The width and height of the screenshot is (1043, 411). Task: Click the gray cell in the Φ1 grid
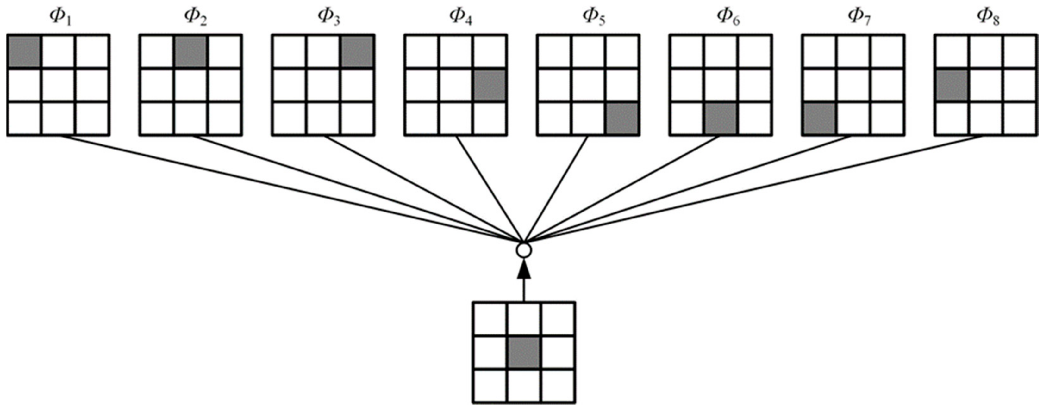click(x=24, y=51)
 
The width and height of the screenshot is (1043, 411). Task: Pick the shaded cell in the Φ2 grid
click(x=191, y=51)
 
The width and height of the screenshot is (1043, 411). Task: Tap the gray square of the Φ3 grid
click(x=357, y=51)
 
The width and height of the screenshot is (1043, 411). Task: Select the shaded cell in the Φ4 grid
click(x=490, y=85)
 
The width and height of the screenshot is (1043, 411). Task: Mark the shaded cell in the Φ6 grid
click(x=720, y=119)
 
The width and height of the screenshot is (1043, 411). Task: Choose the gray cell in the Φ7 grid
click(x=819, y=119)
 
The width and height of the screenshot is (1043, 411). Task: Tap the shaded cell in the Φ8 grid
click(x=952, y=85)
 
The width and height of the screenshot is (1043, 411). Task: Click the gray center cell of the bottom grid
click(x=524, y=352)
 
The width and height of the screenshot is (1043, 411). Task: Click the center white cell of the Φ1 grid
click(x=58, y=85)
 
